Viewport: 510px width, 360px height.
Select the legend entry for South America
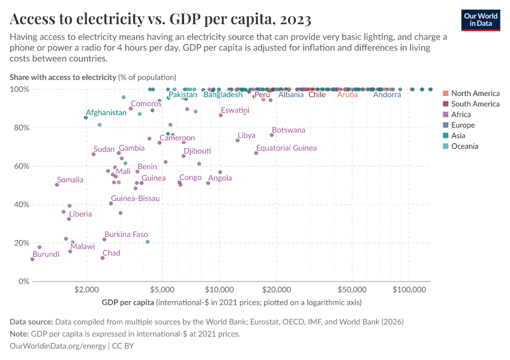pyautogui.click(x=475, y=104)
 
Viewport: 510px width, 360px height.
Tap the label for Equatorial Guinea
pyautogui.click(x=286, y=148)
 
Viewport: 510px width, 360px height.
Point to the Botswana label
pyautogui.click(x=288, y=130)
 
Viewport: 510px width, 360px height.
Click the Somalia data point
pyautogui.click(x=57, y=185)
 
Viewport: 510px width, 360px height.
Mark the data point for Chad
pyautogui.click(x=103, y=258)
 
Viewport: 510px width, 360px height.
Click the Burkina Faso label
pyautogui.click(x=126, y=235)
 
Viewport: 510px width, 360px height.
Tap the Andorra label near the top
pyautogui.click(x=387, y=95)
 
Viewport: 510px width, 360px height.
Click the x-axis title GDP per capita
pyautogui.click(x=128, y=302)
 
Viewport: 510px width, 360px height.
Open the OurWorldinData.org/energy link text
pyautogui.click(x=58, y=346)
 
